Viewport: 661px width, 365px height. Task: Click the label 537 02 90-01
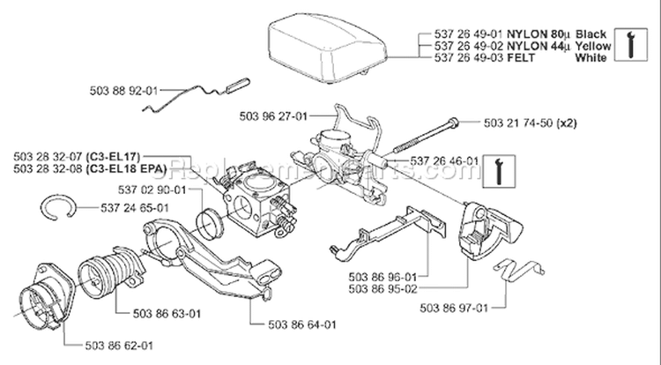tap(151, 189)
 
